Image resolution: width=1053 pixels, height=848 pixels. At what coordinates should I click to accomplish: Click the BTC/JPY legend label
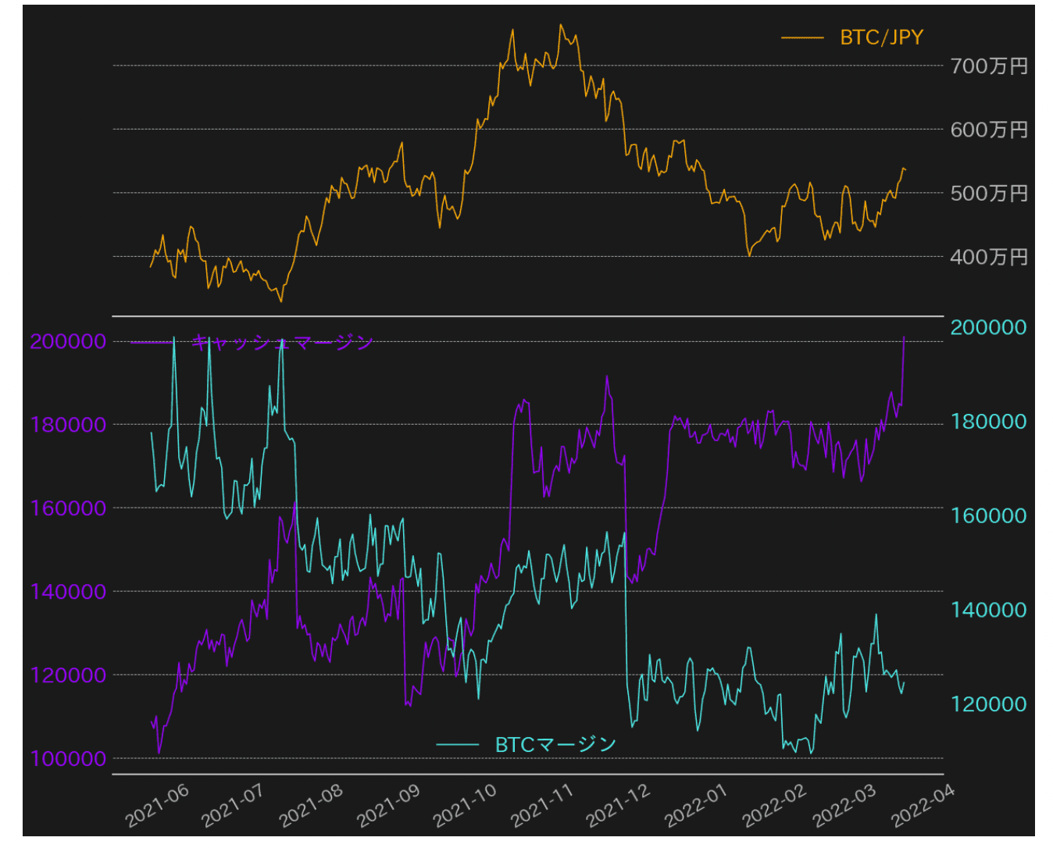[x=881, y=37]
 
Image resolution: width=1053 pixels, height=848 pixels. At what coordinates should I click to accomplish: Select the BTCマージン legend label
[x=555, y=745]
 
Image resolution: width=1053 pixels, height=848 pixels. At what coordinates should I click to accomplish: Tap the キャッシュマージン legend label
[x=282, y=342]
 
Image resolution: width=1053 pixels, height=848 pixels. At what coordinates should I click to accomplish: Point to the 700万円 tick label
[x=988, y=66]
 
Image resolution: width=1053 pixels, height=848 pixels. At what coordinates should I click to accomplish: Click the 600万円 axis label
[x=988, y=130]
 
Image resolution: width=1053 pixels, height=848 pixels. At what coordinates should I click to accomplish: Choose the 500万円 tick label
[x=988, y=194]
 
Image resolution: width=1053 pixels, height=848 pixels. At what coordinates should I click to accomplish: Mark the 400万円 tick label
[x=988, y=257]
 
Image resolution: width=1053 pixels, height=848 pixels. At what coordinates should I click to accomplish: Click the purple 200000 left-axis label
[x=68, y=341]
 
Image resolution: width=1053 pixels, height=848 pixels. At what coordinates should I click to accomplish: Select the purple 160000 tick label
[x=68, y=508]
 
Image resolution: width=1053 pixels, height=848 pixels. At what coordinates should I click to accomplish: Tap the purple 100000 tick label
[x=68, y=758]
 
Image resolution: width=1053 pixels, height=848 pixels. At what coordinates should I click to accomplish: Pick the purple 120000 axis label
[x=68, y=675]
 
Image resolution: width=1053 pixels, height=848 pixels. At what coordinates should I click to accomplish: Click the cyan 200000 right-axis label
[x=988, y=327]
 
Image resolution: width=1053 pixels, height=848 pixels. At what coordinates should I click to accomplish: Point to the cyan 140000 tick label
[x=988, y=610]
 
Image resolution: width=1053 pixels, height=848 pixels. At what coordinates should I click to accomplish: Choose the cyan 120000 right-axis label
[x=988, y=704]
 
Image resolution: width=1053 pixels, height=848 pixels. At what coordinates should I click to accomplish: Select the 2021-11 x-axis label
[x=542, y=805]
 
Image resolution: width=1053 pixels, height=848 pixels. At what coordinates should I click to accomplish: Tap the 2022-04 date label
[x=923, y=805]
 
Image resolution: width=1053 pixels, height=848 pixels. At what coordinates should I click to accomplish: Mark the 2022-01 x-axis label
[x=696, y=805]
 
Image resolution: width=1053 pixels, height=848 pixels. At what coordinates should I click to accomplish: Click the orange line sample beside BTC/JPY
[x=802, y=37]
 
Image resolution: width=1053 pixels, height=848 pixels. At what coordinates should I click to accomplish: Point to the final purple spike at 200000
[x=904, y=338]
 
